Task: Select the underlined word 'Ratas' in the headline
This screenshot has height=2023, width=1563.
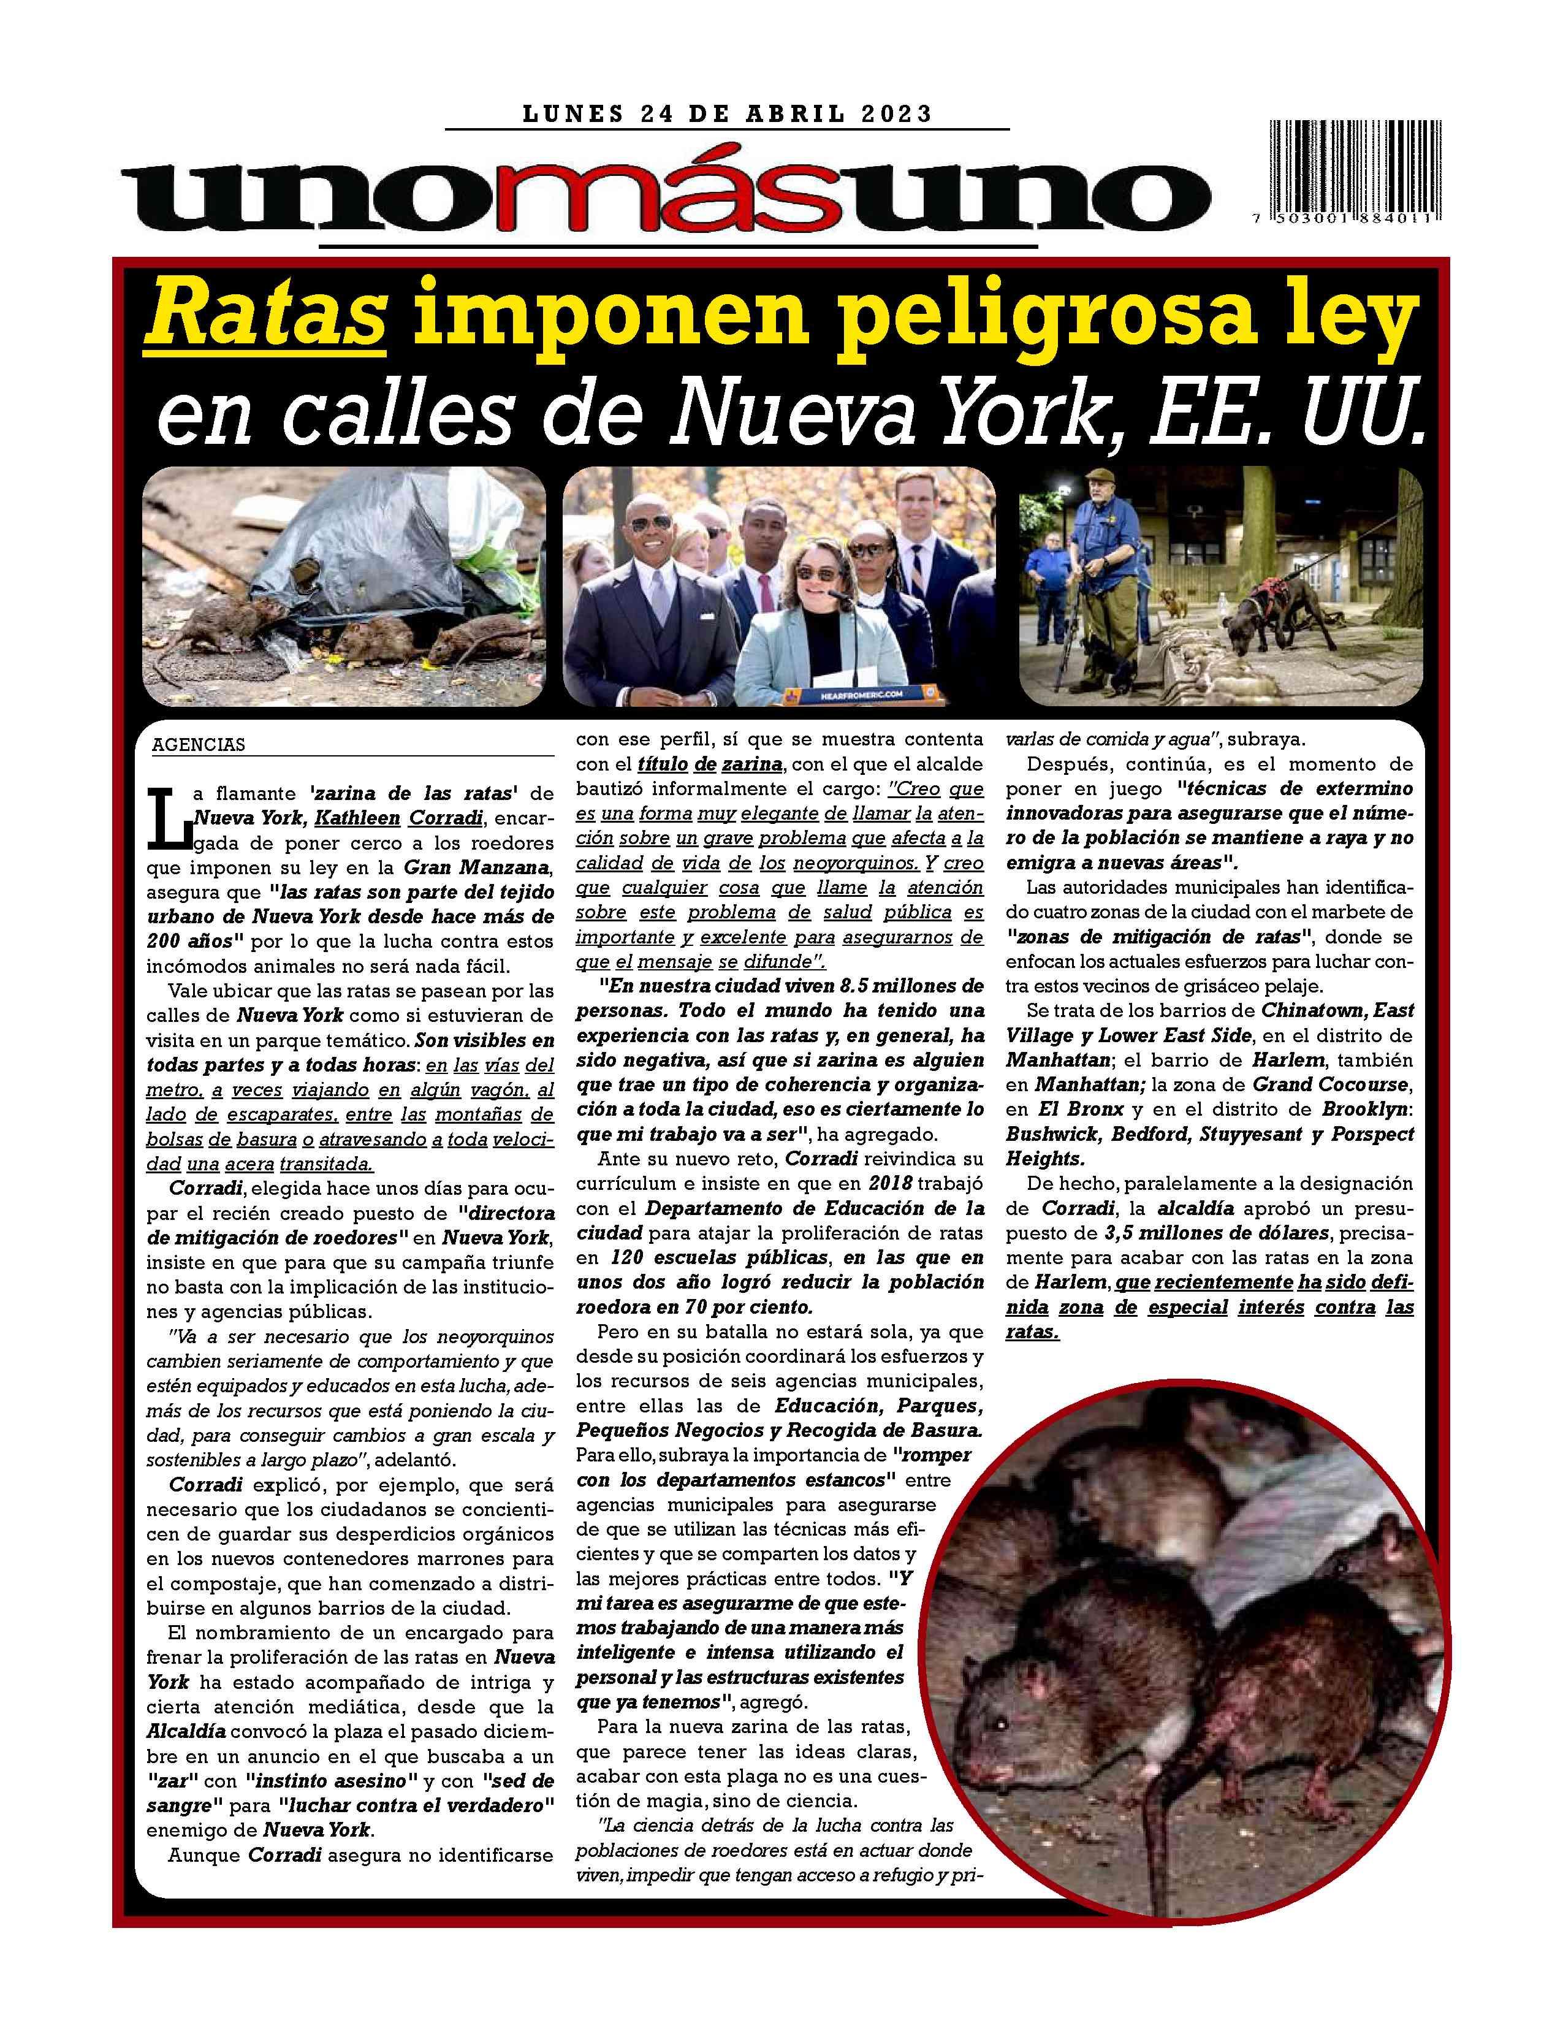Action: (x=266, y=316)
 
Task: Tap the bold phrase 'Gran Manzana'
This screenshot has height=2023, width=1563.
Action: (x=479, y=868)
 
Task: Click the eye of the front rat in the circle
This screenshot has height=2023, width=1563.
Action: (x=1002, y=1724)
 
